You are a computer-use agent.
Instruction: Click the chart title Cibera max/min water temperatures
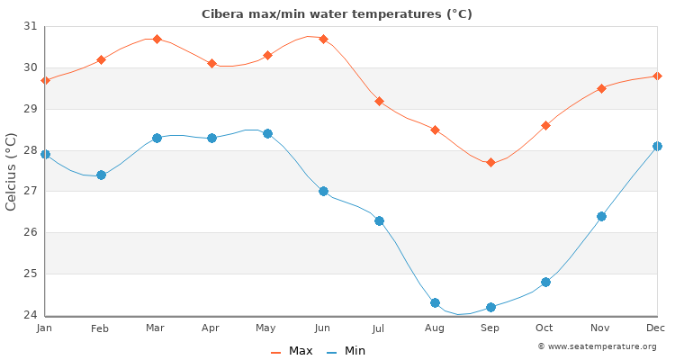[x=337, y=14]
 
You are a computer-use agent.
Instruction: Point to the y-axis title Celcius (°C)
[x=12, y=171]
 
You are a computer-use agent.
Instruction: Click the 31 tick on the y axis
[x=31, y=26]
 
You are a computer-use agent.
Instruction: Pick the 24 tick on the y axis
[x=31, y=315]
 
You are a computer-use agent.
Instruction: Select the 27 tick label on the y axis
[x=31, y=192]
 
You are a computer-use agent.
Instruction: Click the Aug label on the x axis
[x=435, y=328]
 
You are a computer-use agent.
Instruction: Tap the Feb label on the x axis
[x=100, y=328]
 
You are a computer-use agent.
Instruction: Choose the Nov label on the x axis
[x=601, y=328]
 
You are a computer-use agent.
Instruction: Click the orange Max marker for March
[x=157, y=39]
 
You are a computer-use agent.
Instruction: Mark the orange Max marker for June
[x=323, y=39]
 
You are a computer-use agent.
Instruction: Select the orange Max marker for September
[x=490, y=163]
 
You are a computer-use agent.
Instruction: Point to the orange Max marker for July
[x=379, y=101]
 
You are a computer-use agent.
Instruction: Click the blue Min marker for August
[x=435, y=302]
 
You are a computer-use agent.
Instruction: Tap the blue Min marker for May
[x=267, y=133]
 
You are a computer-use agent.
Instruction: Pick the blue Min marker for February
[x=101, y=175]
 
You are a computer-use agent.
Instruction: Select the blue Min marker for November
[x=601, y=216]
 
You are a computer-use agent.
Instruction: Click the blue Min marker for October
[x=545, y=282]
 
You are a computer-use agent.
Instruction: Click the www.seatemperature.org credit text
[x=597, y=346]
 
